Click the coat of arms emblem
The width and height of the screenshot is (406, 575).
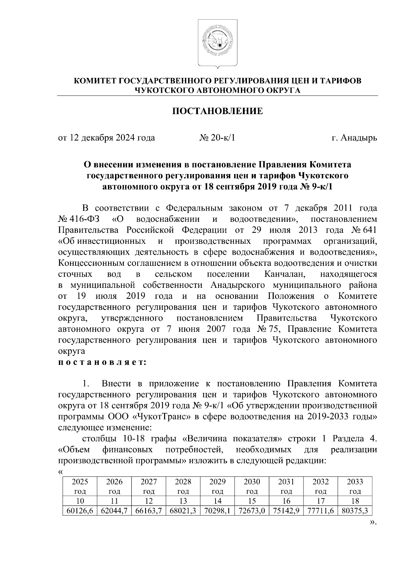(217, 43)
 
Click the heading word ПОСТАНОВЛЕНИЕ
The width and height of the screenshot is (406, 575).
(218, 111)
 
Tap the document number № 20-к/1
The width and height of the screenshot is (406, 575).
(217, 138)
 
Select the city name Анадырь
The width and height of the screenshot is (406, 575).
(359, 138)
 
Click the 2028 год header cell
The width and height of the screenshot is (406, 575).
(183, 486)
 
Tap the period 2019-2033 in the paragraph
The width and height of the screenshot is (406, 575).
(328, 416)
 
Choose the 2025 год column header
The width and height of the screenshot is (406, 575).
(80, 486)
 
